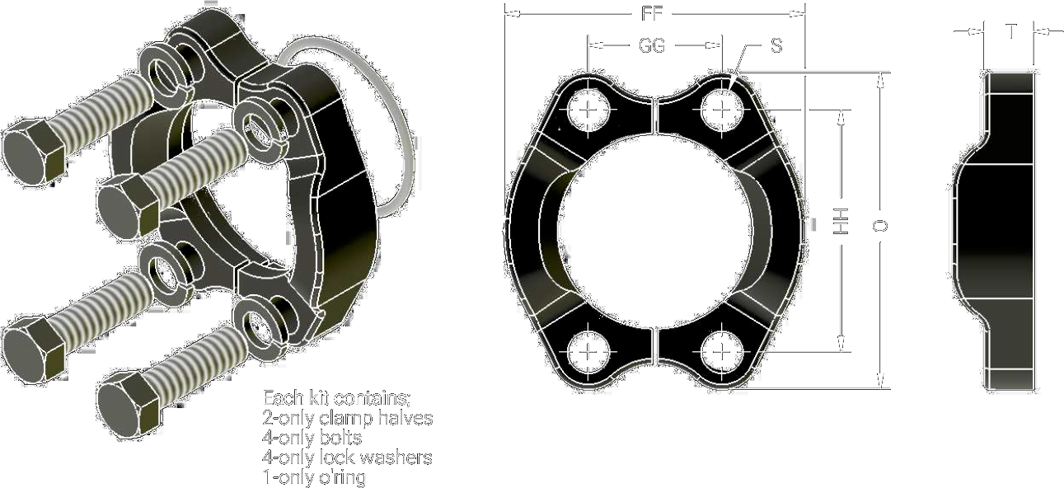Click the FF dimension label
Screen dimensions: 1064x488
tap(651, 14)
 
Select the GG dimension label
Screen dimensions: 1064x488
tap(652, 45)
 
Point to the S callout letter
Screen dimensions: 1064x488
tap(776, 45)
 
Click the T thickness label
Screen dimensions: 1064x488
tap(1011, 32)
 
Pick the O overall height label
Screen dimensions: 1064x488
tap(880, 226)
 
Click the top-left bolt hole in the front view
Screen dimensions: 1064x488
tap(588, 110)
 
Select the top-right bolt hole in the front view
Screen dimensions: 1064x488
tap(721, 110)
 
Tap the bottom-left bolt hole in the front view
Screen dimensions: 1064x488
tap(588, 352)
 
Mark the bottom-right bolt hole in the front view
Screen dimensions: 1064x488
tap(721, 352)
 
